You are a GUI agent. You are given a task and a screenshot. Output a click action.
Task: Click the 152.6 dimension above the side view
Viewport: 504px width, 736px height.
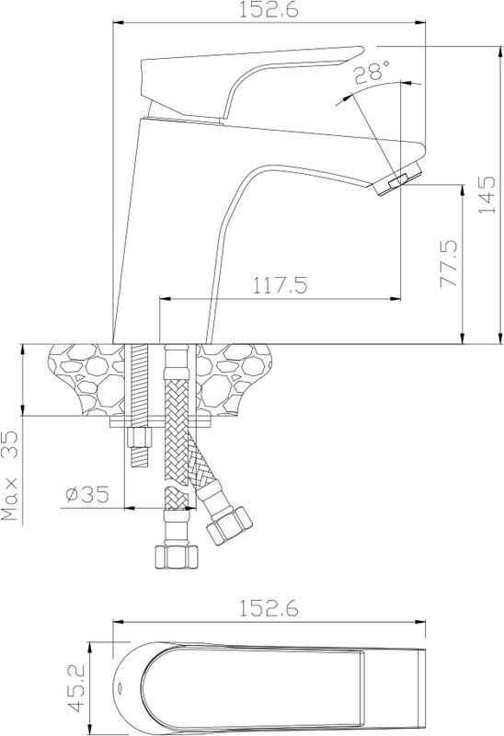pyautogui.click(x=269, y=9)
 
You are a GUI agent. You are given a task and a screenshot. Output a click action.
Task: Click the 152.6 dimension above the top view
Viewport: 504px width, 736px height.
pyautogui.click(x=269, y=608)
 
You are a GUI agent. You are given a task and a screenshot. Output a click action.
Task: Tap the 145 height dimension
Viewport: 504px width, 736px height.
pyautogui.click(x=487, y=195)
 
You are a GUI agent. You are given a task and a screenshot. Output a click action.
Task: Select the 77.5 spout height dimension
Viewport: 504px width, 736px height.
pyautogui.click(x=449, y=263)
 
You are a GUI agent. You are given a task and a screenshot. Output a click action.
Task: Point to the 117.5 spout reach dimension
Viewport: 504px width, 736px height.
pyautogui.click(x=281, y=285)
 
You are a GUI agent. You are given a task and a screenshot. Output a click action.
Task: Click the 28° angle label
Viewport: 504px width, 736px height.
pyautogui.click(x=372, y=73)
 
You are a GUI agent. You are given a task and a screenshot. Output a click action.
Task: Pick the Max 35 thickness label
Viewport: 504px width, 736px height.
pyautogui.click(x=10, y=476)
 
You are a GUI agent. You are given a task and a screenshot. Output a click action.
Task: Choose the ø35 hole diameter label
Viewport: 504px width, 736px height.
pyautogui.click(x=87, y=494)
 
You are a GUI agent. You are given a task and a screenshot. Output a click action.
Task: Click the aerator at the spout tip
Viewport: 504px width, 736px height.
pyautogui.click(x=398, y=180)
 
